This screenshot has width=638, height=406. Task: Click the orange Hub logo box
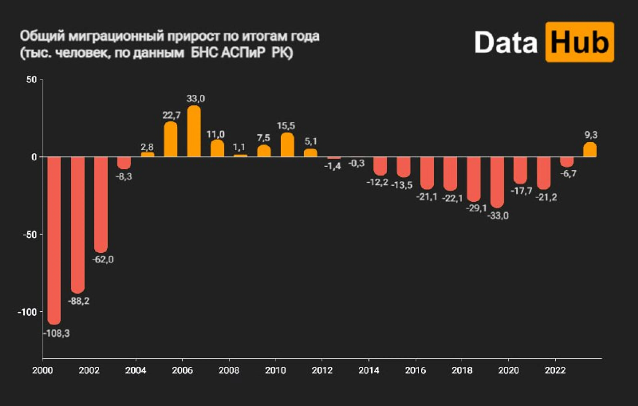(580, 42)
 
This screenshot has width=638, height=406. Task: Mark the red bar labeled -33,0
(497, 182)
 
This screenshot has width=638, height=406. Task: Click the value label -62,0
(103, 259)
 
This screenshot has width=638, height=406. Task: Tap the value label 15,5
(286, 126)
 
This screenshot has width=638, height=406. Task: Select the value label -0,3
(356, 163)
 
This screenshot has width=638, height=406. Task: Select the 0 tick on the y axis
(34, 157)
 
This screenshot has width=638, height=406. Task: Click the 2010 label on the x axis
(275, 370)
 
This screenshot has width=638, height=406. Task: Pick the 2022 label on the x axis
(555, 370)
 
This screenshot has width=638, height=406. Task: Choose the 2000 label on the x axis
(42, 370)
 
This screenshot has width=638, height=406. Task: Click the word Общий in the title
(42, 36)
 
